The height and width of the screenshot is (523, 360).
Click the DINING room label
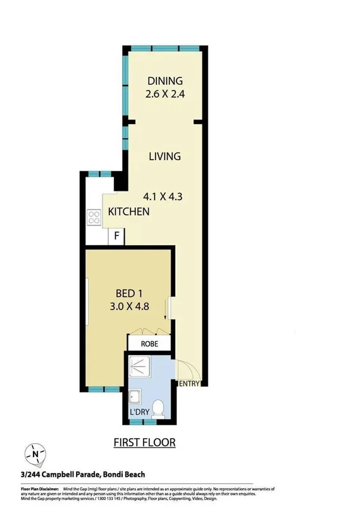pyautogui.click(x=164, y=81)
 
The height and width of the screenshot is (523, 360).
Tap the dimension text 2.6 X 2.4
pyautogui.click(x=164, y=94)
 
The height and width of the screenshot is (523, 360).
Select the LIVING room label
pyautogui.click(x=164, y=156)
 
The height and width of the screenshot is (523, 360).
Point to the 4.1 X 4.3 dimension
pyautogui.click(x=161, y=196)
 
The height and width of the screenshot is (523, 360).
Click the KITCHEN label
pyautogui.click(x=128, y=211)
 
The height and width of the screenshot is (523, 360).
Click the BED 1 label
pyautogui.click(x=133, y=294)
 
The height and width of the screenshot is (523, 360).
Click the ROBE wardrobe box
pyautogui.click(x=149, y=343)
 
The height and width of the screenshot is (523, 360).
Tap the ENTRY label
pyautogui.click(x=190, y=384)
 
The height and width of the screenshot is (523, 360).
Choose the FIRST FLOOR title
pyautogui.click(x=144, y=442)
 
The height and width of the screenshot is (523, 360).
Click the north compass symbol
pyautogui.click(x=35, y=454)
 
